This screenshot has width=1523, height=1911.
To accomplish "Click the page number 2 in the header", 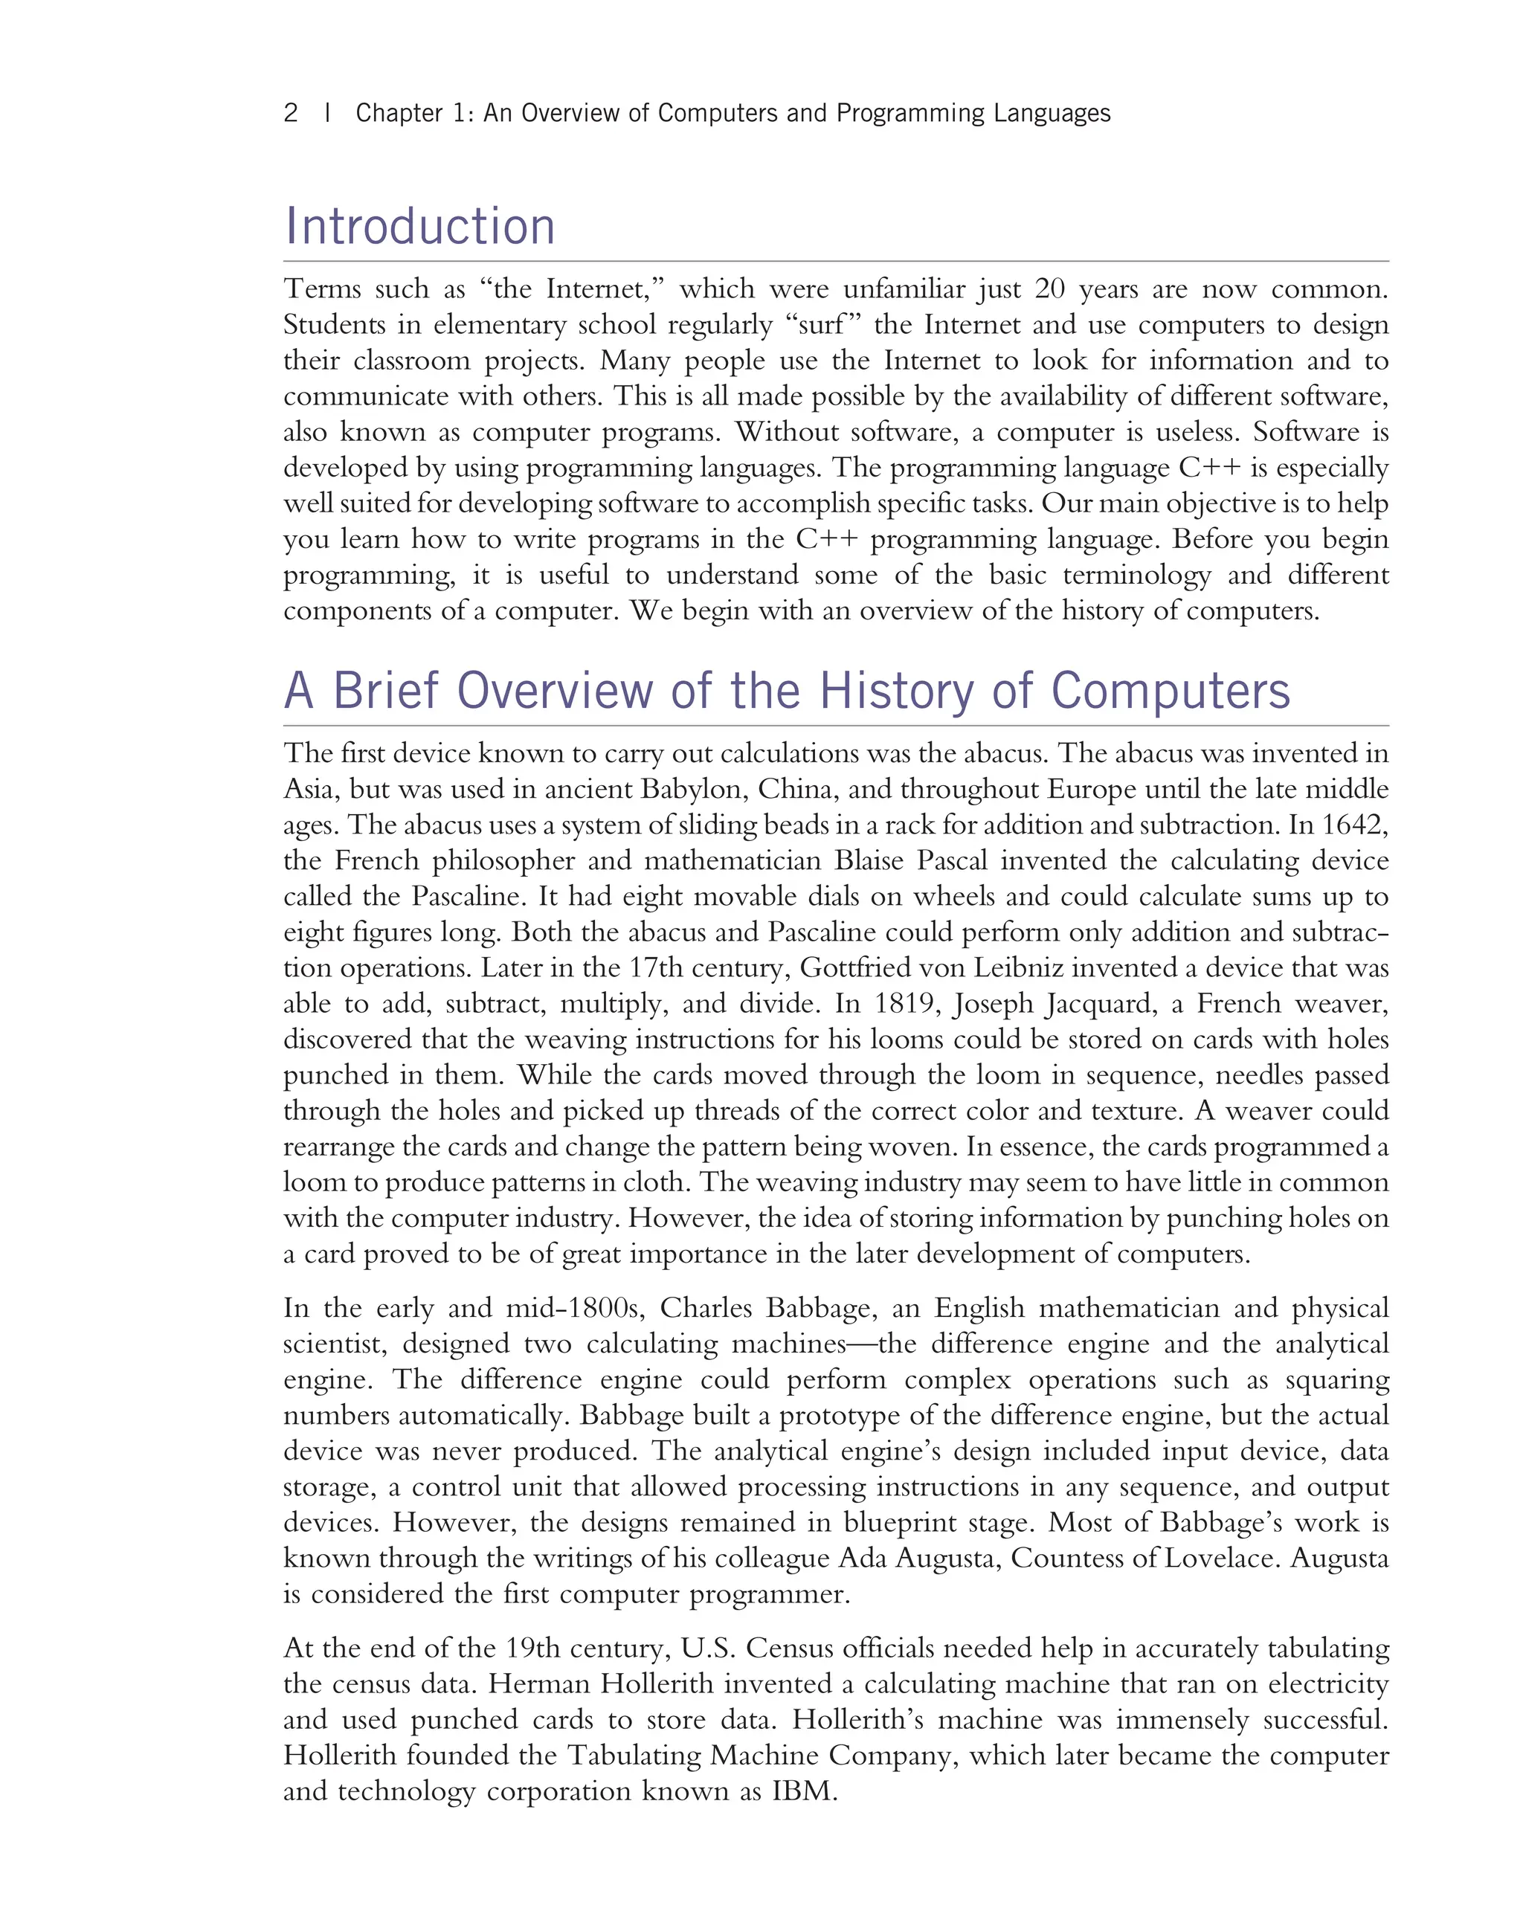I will coord(290,114).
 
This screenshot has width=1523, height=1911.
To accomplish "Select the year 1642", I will coord(1353,825).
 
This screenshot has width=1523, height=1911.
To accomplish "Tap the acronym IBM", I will coord(803,1791).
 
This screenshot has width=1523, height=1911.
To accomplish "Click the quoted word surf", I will coord(821,324).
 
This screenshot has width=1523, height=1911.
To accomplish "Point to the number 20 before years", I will coord(1049,289).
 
